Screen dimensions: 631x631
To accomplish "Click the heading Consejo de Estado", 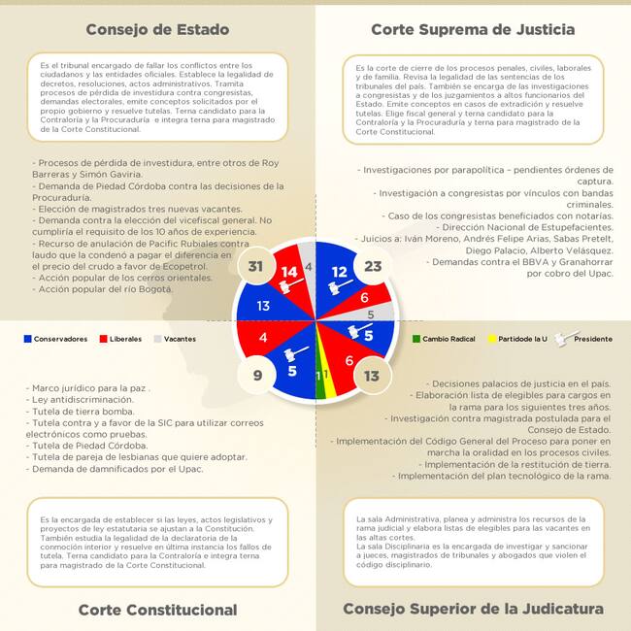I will [x=157, y=29].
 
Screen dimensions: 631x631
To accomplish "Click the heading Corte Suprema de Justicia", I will [x=473, y=29].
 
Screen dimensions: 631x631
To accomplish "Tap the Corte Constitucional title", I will [x=157, y=610].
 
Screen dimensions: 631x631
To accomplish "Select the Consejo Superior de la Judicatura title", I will [x=473, y=610].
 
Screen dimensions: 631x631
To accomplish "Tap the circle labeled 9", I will [x=256, y=375].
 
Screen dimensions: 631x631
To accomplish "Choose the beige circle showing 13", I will [x=372, y=375].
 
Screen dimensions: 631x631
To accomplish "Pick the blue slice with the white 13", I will [x=263, y=306].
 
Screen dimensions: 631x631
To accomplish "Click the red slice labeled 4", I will [x=264, y=338].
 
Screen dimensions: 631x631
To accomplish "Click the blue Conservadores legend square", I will [x=27, y=339].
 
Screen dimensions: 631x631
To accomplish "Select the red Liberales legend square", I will [x=103, y=339].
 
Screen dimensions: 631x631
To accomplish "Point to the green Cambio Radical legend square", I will [x=416, y=339].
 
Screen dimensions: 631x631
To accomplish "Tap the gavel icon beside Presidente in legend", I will [x=560, y=338].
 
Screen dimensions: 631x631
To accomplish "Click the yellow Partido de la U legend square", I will [x=490, y=339].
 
